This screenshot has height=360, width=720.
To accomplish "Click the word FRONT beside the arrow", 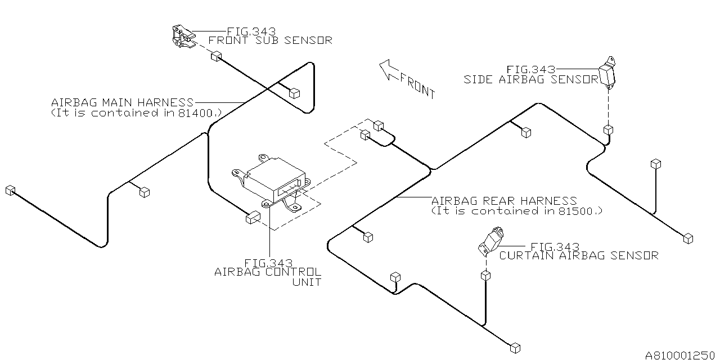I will [418, 85].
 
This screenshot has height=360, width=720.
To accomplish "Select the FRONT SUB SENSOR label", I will [270, 40].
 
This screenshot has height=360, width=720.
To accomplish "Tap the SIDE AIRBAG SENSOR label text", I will [531, 79].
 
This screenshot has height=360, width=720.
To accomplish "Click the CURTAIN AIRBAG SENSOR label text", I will [579, 255].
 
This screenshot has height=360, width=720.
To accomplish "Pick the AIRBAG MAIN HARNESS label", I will [122, 102].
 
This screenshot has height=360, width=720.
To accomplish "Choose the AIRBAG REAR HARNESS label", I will [504, 201].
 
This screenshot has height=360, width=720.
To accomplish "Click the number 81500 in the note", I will [579, 211].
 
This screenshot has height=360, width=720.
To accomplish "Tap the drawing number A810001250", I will [681, 355].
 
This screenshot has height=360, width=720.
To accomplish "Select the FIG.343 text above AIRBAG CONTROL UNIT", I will [268, 263].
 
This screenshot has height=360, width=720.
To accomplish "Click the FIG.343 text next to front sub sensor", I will [251, 31].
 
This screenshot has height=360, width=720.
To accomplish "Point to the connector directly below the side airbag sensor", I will [608, 130].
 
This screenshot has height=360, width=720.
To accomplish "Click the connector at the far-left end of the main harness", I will [10, 190].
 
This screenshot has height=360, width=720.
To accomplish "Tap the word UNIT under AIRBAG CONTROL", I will [307, 282].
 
